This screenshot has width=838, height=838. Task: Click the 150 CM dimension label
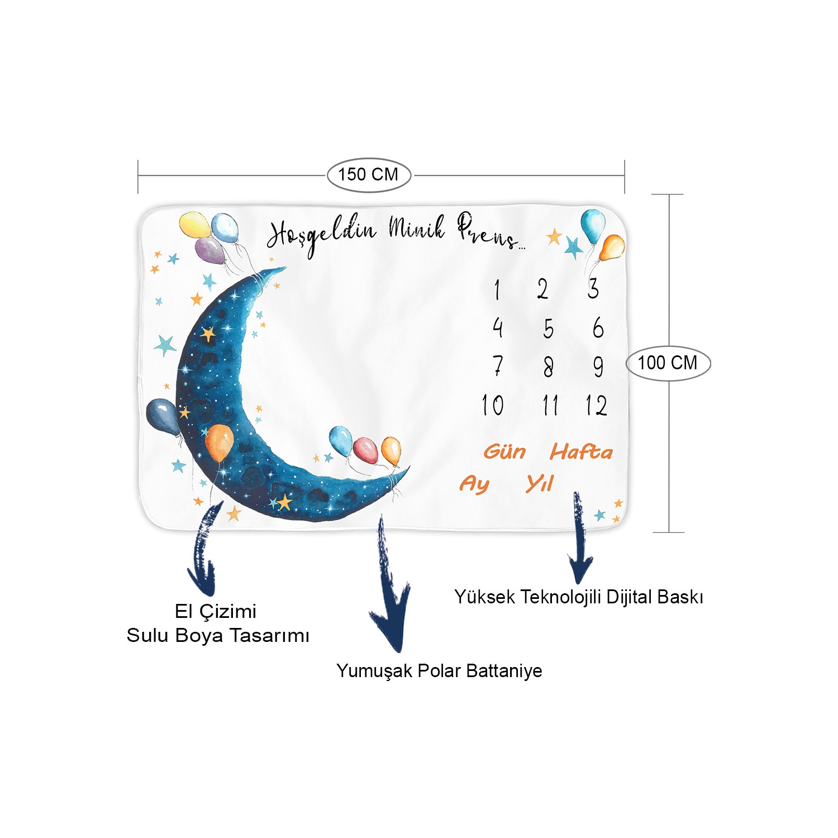tap(368, 174)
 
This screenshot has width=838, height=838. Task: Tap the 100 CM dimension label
tap(668, 363)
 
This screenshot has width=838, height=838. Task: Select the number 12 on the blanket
tap(596, 406)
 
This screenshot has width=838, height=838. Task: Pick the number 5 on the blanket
tap(549, 328)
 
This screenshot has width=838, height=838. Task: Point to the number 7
tap(498, 366)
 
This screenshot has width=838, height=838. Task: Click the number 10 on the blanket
tap(493, 405)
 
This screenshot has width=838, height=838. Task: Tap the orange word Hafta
tap(581, 451)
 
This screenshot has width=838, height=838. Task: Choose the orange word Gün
tap(504, 451)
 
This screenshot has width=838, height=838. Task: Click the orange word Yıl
tap(540, 483)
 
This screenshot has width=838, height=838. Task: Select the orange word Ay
tap(474, 484)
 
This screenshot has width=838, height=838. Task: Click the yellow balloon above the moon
tap(195, 225)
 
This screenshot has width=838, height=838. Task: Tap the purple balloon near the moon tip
tap(210, 251)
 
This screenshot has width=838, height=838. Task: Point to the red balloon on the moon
tap(365, 450)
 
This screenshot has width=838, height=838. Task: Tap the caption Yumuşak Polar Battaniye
tap(439, 670)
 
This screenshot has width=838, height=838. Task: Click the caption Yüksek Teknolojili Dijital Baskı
tap(579, 597)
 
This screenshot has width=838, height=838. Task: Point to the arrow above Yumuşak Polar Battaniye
tap(391, 584)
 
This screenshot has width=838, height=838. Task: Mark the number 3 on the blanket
tap(593, 289)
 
